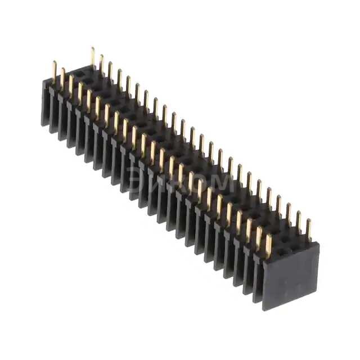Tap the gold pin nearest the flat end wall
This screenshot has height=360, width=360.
(268, 245)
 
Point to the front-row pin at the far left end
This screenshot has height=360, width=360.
(55, 71)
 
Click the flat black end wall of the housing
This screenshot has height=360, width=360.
(291, 276)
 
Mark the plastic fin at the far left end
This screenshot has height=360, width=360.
(45, 104)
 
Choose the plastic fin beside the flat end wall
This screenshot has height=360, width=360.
(258, 281)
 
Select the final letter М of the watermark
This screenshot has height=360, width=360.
(223, 182)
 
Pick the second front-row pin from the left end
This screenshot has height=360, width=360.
(63, 78)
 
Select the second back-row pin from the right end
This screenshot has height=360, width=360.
(299, 222)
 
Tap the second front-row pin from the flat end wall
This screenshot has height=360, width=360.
(259, 237)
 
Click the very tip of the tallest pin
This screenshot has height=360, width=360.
(93, 48)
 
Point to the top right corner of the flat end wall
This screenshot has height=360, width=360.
(319, 244)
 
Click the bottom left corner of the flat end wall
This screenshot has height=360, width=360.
(264, 309)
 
